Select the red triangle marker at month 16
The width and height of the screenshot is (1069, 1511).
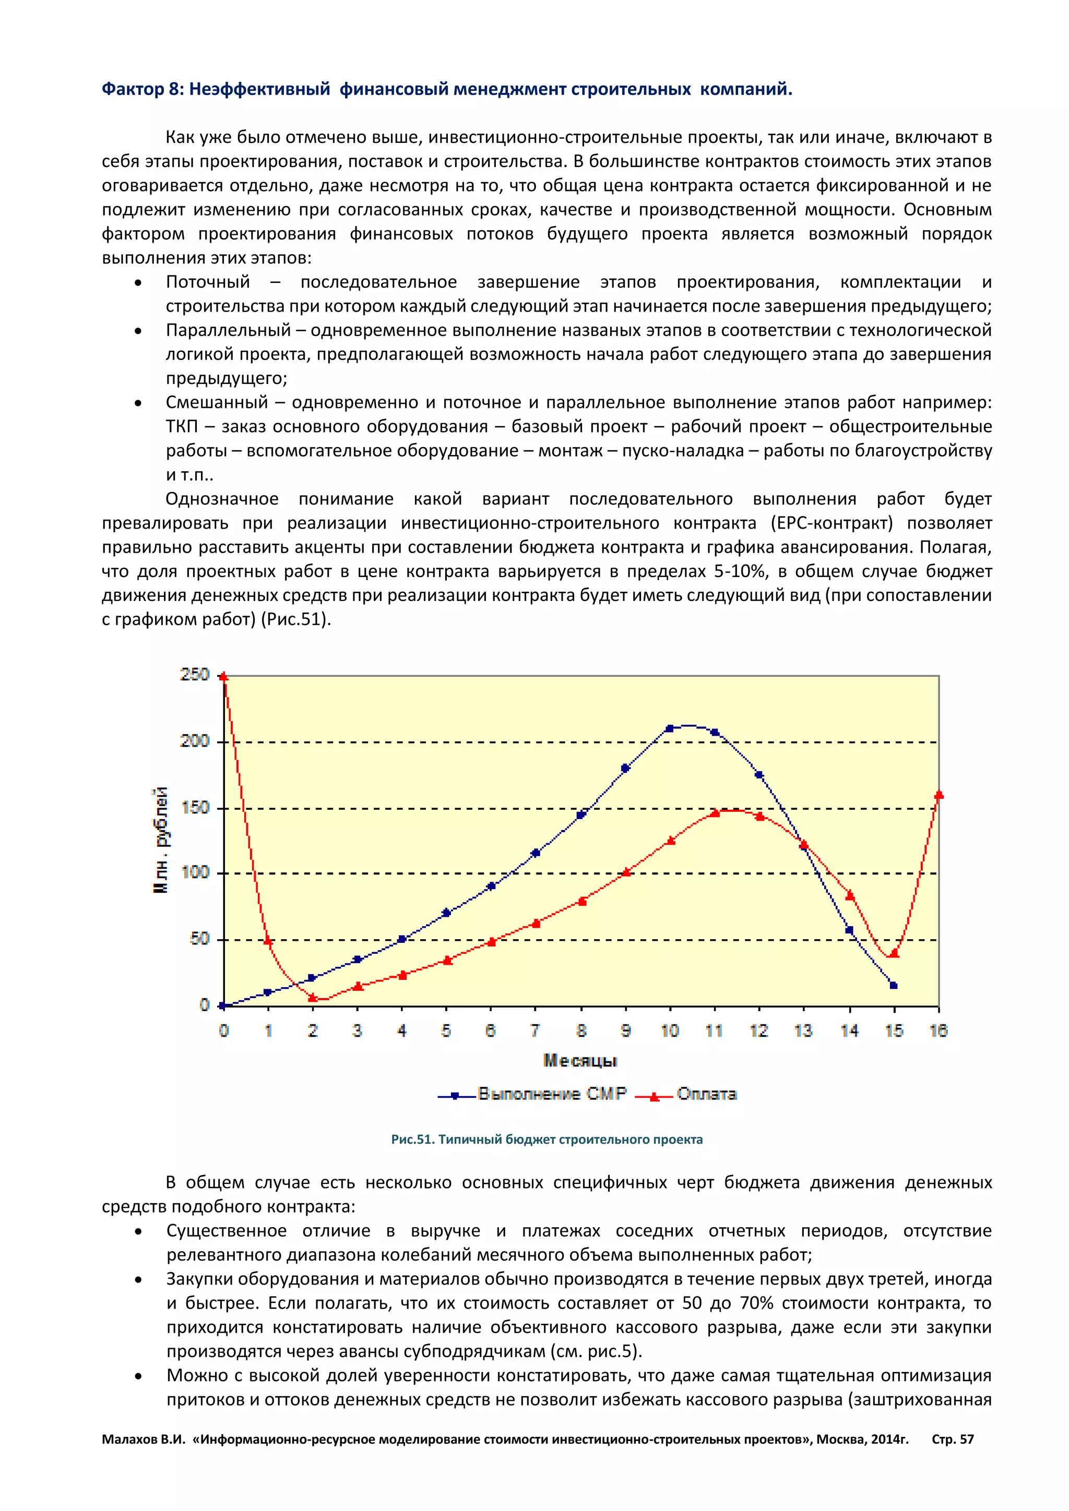tap(939, 795)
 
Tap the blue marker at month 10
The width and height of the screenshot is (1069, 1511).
tap(670, 728)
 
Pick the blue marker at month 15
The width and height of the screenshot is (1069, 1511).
tap(893, 985)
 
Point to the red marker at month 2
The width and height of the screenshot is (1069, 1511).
tap(313, 998)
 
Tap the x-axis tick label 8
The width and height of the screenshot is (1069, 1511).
tap(580, 1030)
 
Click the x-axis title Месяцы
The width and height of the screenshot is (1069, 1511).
tap(580, 1060)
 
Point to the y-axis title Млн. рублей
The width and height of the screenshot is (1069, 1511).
tap(161, 840)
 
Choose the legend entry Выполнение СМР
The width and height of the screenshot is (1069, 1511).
tap(552, 1094)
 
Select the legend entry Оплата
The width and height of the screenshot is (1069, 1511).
tap(706, 1094)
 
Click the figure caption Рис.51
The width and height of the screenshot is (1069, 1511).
tap(413, 1140)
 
